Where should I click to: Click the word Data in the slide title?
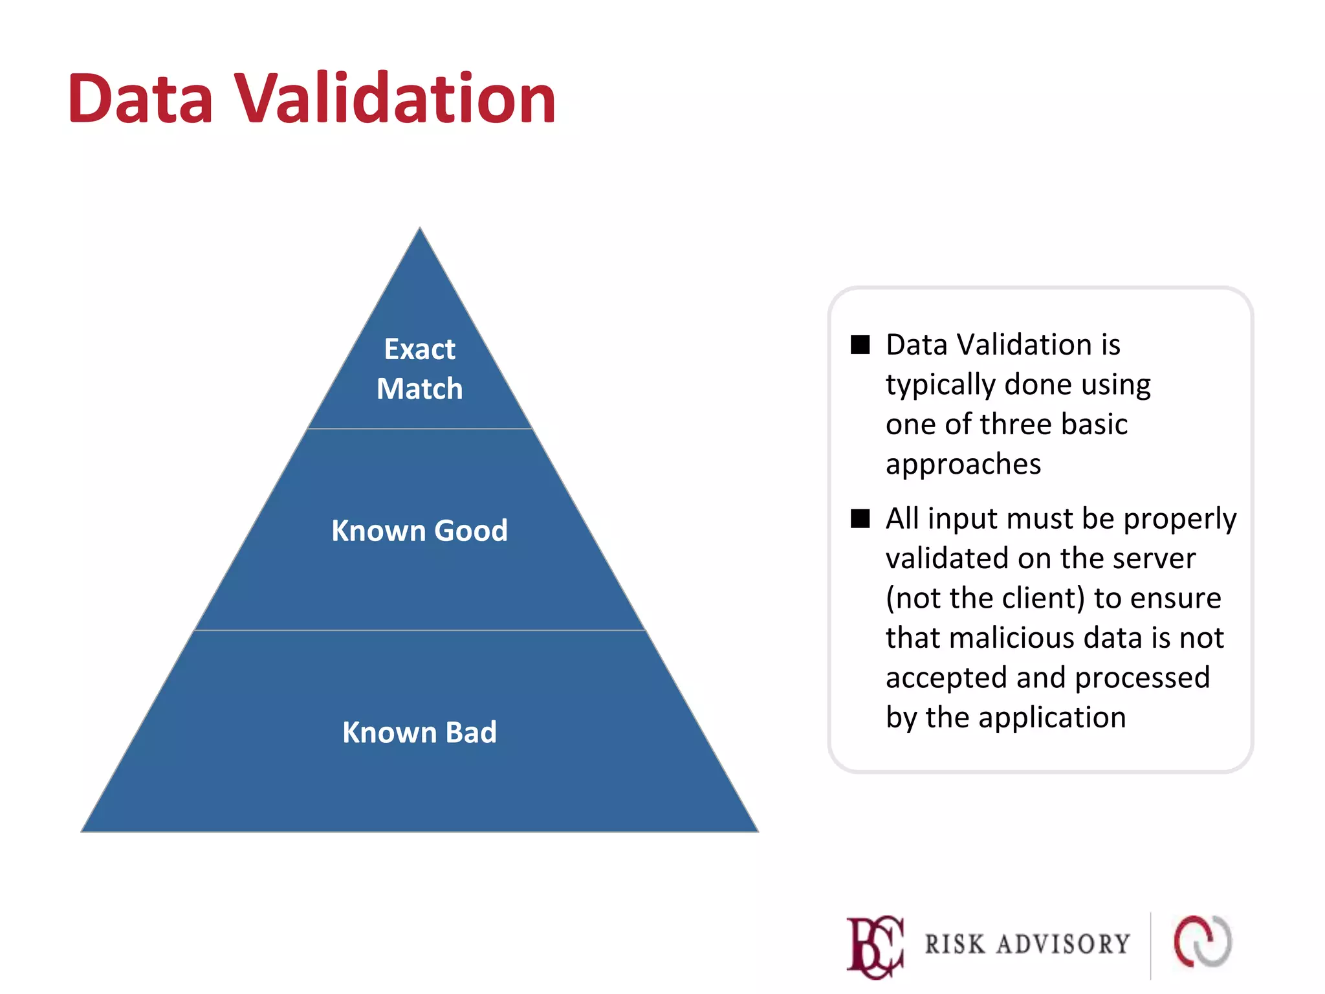140,98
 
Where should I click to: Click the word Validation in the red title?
394,98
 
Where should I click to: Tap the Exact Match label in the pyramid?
419,369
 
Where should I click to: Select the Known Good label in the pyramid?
419,531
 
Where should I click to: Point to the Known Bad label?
419,733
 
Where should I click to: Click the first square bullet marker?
860,345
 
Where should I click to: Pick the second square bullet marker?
860,518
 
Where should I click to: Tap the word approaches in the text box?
963,464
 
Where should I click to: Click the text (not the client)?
985,598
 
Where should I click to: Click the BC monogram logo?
875,945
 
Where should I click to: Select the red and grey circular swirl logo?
1203,942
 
